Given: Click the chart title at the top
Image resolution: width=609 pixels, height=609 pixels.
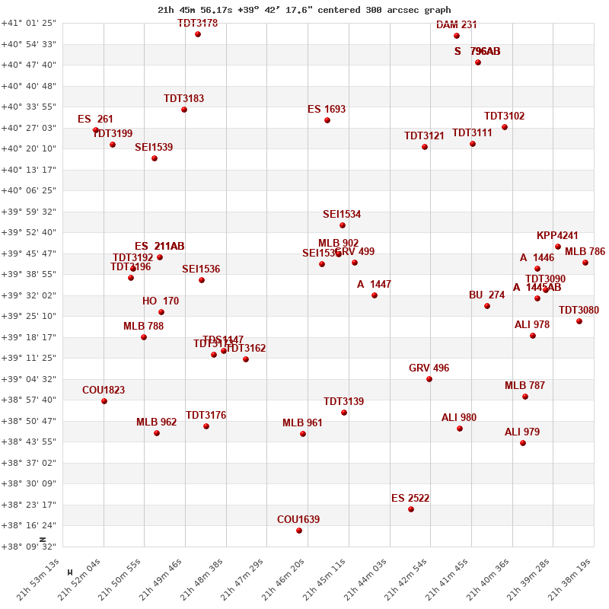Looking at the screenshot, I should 304,10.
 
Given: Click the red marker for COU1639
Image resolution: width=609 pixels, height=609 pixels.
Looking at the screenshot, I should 299,531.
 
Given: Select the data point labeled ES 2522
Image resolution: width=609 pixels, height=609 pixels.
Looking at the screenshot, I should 411,509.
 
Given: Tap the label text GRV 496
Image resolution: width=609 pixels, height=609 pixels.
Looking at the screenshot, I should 429,368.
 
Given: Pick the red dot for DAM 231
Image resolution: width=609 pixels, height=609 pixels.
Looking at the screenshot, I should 457,36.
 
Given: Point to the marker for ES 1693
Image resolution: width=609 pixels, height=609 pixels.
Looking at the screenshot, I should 327,120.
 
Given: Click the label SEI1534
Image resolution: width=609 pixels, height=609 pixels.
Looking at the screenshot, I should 342,215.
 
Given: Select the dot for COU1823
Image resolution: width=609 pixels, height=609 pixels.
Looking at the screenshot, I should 104,401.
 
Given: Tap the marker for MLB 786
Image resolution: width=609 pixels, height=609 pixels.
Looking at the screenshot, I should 585,263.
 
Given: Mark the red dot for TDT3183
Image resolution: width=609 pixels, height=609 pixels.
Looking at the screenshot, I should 184,110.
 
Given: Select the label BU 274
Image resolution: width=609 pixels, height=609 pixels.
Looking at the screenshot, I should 486,295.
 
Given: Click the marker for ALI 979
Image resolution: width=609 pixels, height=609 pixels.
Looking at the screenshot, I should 523,443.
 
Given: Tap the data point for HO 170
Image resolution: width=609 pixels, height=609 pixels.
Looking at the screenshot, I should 161,312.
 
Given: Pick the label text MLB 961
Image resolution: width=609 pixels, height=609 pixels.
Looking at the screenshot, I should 302,423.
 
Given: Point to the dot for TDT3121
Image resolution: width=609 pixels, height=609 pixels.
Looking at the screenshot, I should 425,147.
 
